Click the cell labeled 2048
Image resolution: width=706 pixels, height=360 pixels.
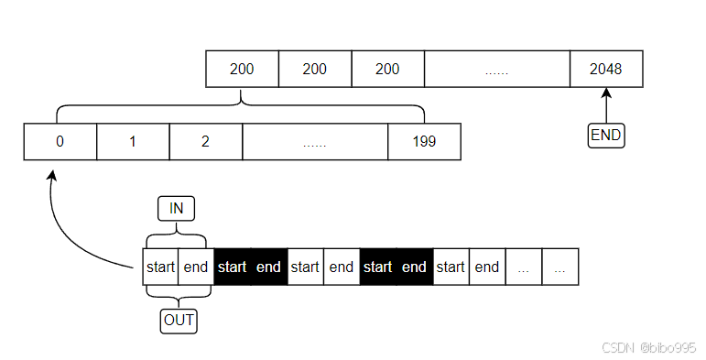pyautogui.click(x=606, y=70)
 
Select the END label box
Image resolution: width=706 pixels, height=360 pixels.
pyautogui.click(x=605, y=136)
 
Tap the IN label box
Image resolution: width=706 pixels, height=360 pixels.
pyautogui.click(x=177, y=208)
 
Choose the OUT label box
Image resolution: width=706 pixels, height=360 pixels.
pyautogui.click(x=178, y=322)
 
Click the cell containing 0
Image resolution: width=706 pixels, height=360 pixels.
pyautogui.click(x=60, y=142)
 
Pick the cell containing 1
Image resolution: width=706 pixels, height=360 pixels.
pyautogui.click(x=133, y=142)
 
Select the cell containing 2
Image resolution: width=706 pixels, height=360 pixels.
pyautogui.click(x=206, y=142)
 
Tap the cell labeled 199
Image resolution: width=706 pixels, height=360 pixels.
pyautogui.click(x=424, y=142)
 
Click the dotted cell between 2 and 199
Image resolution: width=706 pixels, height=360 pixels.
pyautogui.click(x=315, y=142)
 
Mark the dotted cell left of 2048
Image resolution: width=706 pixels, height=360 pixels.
pyautogui.click(x=496, y=70)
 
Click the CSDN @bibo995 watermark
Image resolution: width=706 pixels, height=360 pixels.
pyautogui.click(x=648, y=347)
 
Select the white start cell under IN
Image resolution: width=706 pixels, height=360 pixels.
pyautogui.click(x=160, y=267)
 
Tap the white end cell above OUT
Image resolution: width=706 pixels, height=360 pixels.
pyautogui.click(x=196, y=267)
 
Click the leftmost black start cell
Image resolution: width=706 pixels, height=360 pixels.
pyautogui.click(x=233, y=267)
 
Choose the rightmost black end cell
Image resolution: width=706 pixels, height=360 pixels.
pyautogui.click(x=415, y=267)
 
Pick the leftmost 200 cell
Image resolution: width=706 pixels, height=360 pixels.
pyautogui.click(x=242, y=70)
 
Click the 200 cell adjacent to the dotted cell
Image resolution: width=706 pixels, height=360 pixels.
pyautogui.click(x=387, y=70)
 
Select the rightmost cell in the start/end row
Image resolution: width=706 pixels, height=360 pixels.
pyautogui.click(x=560, y=267)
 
